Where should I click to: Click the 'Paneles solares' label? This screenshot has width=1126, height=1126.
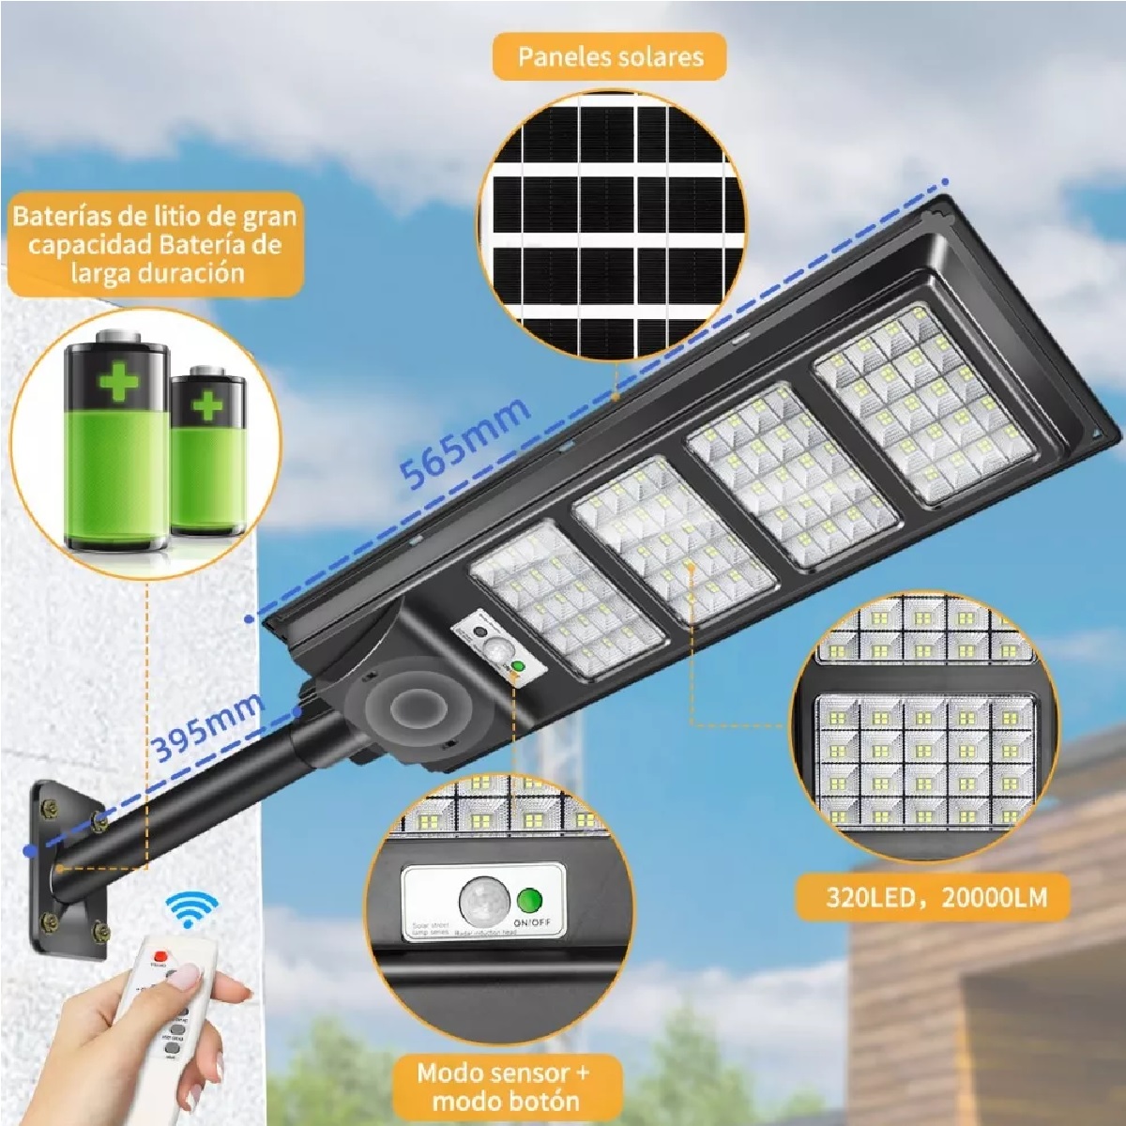(610, 57)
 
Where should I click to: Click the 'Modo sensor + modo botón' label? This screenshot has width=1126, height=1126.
(506, 1085)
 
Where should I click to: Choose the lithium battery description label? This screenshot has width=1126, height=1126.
(154, 244)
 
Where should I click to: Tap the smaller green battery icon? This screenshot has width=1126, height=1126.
(207, 450)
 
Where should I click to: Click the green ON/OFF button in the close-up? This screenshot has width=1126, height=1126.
(529, 901)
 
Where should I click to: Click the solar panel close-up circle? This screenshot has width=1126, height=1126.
(611, 225)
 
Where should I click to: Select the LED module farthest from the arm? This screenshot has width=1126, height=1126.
(923, 403)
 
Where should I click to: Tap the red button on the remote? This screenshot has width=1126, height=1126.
(159, 956)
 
